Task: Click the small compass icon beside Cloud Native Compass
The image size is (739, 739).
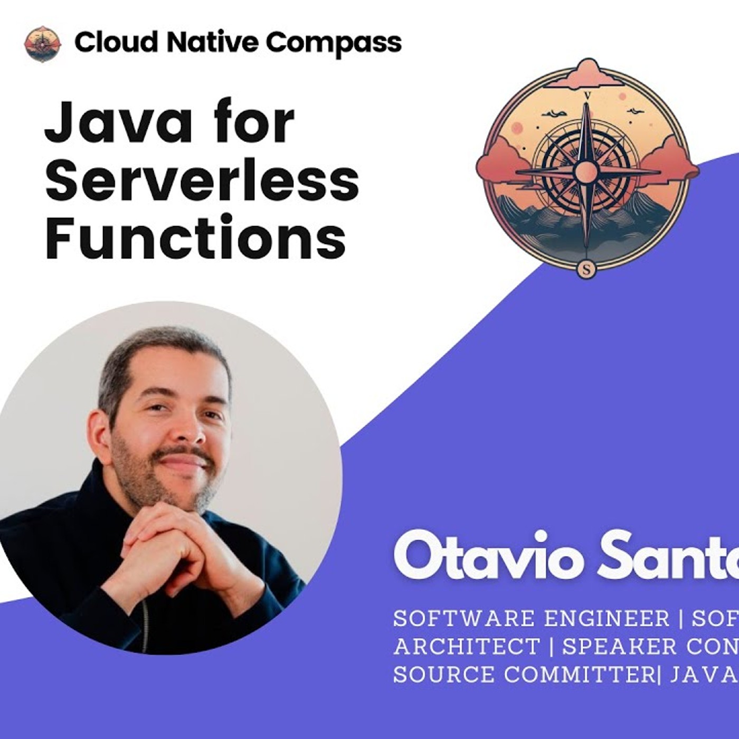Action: pos(42,43)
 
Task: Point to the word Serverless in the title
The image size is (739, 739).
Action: pos(202,181)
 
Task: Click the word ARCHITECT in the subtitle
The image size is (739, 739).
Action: pos(467,647)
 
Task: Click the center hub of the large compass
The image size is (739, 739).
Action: pos(586,172)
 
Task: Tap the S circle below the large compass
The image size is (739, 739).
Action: pos(585,270)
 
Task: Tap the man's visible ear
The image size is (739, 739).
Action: pos(100,433)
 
